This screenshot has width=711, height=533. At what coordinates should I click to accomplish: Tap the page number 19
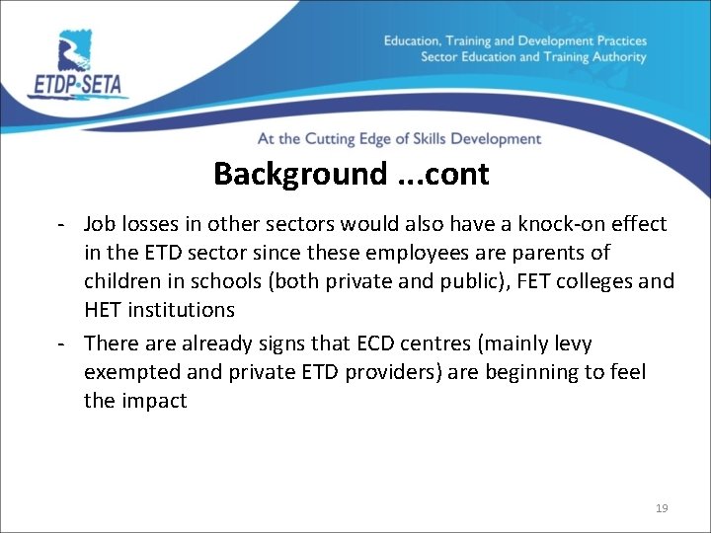point(662,508)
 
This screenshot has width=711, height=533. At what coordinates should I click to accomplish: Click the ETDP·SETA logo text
point(77,85)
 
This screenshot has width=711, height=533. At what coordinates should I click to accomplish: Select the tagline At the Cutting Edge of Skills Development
point(399,139)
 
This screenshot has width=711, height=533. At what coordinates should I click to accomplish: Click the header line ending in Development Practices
point(514,40)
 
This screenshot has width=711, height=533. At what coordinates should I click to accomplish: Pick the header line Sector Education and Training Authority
point(533,57)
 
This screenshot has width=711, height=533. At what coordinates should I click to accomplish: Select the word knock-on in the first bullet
point(558,224)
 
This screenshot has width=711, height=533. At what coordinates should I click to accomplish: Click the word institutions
point(185,310)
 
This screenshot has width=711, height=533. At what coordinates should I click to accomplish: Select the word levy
point(571,343)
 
